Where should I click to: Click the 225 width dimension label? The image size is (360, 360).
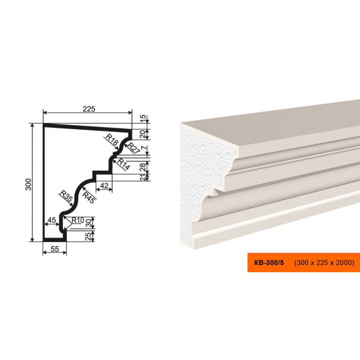89,109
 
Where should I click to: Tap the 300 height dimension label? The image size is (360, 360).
28,184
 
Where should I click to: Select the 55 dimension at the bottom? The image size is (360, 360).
55,249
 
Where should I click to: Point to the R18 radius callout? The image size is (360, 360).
112,140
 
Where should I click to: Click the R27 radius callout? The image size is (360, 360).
133,148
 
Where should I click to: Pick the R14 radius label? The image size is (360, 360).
123,164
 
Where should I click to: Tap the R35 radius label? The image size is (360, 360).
66,196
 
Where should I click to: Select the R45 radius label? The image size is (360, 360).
88,197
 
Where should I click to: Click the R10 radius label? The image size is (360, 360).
78,220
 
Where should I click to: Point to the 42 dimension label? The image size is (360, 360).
104,185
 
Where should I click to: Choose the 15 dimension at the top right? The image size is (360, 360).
143,118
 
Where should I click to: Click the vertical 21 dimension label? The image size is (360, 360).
143,177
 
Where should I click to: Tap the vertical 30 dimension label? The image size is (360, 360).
89,223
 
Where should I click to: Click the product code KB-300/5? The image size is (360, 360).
269,263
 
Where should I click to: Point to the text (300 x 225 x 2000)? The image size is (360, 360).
324,263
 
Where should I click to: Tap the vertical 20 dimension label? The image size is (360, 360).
143,134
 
